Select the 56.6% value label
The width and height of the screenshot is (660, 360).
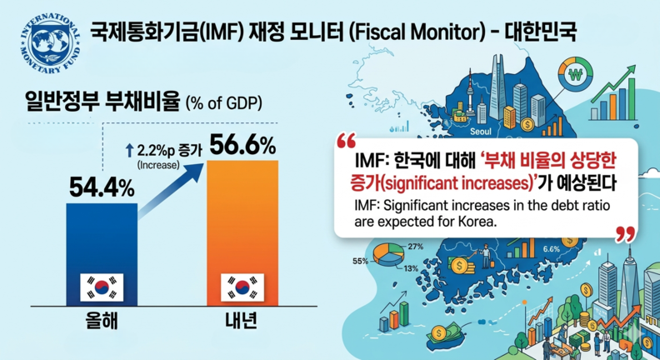[242, 147]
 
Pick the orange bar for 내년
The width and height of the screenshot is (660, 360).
[242, 233]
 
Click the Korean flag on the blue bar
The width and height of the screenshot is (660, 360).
[101, 287]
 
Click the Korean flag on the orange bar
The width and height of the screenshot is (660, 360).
[242, 287]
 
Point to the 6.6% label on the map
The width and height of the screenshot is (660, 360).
[552, 248]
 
